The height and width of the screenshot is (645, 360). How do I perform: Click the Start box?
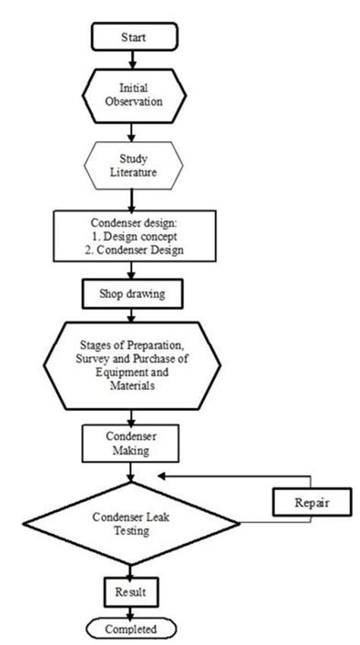pos(134,35)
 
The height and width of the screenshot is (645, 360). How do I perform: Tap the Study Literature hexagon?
pos(134,165)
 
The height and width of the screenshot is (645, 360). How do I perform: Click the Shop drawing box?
pos(134,292)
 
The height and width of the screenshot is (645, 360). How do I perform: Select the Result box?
pos(134,589)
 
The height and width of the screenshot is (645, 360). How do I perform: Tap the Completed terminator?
pos(134,629)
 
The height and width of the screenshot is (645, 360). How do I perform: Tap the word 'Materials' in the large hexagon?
pos(134,386)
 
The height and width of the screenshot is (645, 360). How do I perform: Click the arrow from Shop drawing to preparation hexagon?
pos(134,311)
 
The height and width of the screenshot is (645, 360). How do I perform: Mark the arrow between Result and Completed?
pos(134,611)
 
